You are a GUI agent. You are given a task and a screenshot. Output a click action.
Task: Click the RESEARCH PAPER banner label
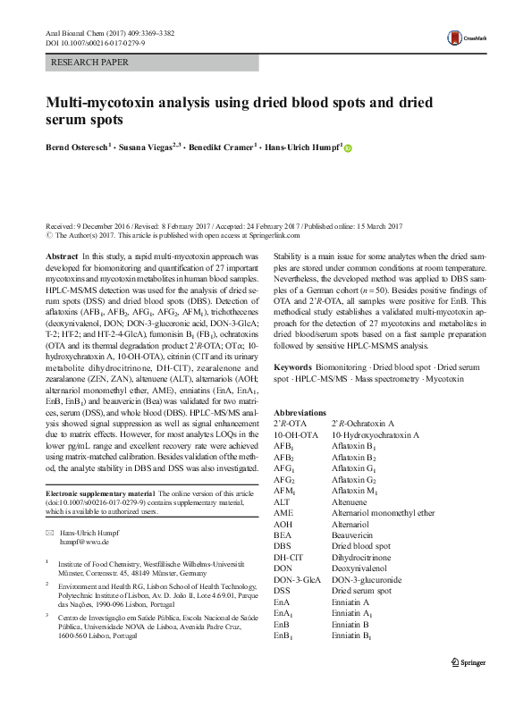(92, 63)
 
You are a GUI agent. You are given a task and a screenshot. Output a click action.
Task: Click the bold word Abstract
(61, 256)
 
